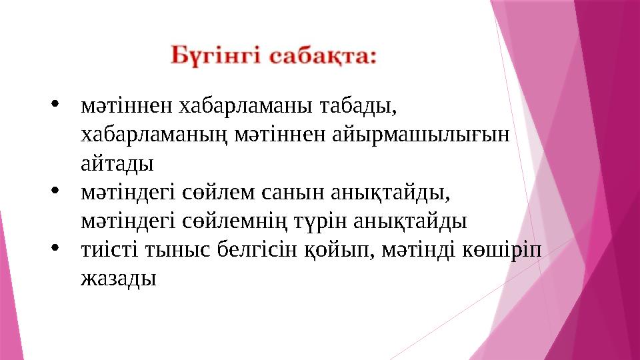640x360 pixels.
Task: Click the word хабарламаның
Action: (147, 134)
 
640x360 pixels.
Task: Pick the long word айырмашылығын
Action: (419, 134)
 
